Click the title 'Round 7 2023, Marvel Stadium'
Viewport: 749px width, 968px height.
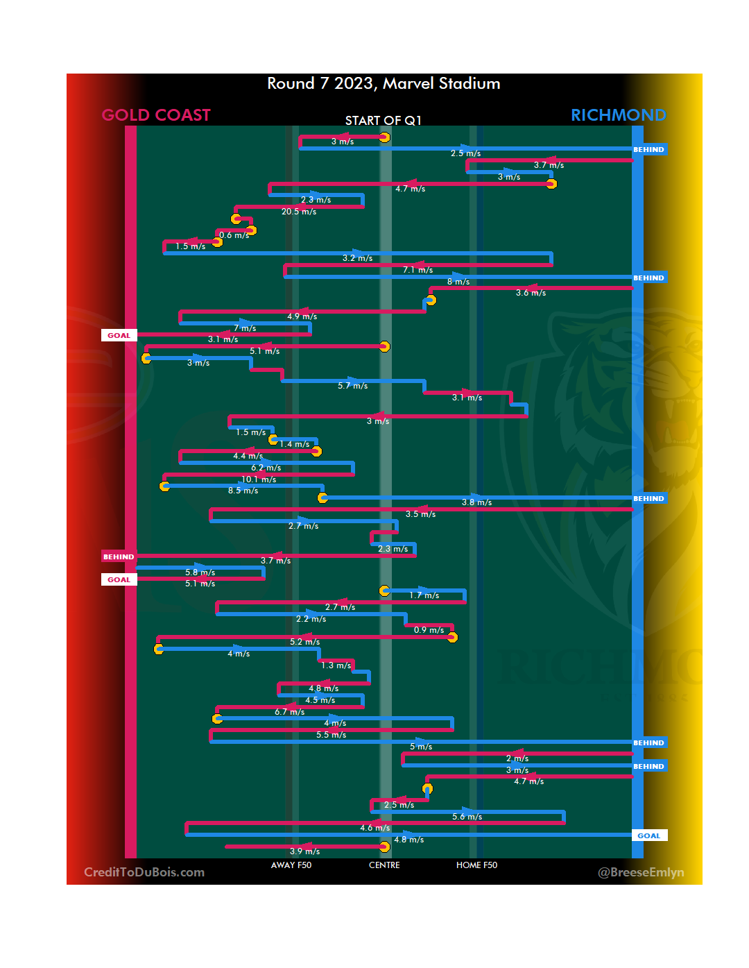[x=384, y=84]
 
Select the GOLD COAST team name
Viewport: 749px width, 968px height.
[x=156, y=115]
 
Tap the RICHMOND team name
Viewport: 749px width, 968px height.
[x=618, y=115]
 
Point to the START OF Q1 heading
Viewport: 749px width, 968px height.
[x=384, y=121]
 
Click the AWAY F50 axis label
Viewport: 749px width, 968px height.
[x=291, y=865]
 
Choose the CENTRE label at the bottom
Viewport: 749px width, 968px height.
[x=384, y=865]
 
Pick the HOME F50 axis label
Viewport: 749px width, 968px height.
[x=476, y=865]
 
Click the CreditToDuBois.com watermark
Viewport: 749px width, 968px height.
[x=144, y=872]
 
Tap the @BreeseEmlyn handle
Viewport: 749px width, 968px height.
[x=641, y=872]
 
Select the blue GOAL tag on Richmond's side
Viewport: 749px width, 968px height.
[x=649, y=835]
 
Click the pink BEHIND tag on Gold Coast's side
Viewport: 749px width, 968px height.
[x=119, y=557]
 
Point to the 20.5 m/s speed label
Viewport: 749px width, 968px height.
[x=299, y=212]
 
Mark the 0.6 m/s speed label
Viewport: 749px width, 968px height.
[x=234, y=235]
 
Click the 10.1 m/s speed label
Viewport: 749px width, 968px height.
[x=259, y=479]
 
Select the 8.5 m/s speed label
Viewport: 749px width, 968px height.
[x=243, y=491]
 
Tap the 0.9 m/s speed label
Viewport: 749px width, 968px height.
[x=429, y=630]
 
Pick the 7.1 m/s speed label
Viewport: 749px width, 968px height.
[x=417, y=270]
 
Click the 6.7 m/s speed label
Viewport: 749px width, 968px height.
[x=289, y=712]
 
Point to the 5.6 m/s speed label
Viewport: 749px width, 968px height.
[x=467, y=817]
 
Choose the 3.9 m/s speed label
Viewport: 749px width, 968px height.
[x=304, y=851]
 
